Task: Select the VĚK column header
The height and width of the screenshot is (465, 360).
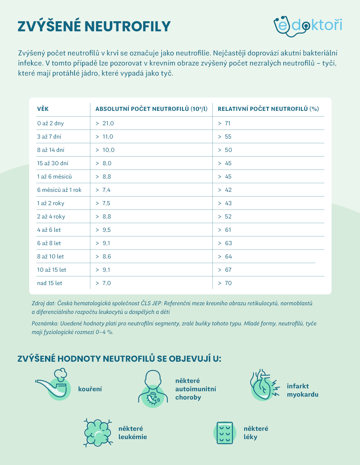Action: (43, 109)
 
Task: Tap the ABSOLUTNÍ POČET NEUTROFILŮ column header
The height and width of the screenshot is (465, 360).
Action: (151, 109)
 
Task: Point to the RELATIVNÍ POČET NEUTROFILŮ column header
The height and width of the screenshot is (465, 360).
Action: (268, 109)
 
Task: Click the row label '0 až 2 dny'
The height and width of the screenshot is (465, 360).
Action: (50, 123)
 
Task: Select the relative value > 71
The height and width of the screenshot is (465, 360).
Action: (224, 123)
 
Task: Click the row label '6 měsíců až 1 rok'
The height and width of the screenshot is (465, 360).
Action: (59, 190)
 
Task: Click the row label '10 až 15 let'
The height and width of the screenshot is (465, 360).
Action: (51, 270)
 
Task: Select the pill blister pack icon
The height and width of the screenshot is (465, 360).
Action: (225, 433)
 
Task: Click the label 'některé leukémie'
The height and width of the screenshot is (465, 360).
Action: (132, 433)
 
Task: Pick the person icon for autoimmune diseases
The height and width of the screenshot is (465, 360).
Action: (153, 389)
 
